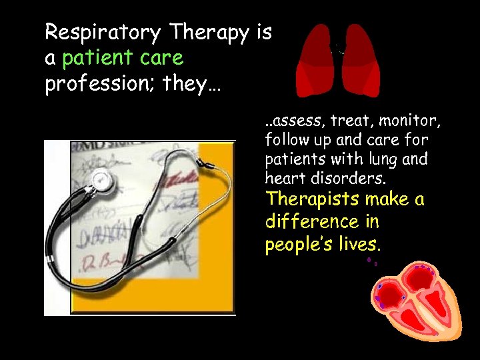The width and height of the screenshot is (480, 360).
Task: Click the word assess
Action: (x=292, y=121)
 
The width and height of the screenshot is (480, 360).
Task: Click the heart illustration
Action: (x=414, y=300)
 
